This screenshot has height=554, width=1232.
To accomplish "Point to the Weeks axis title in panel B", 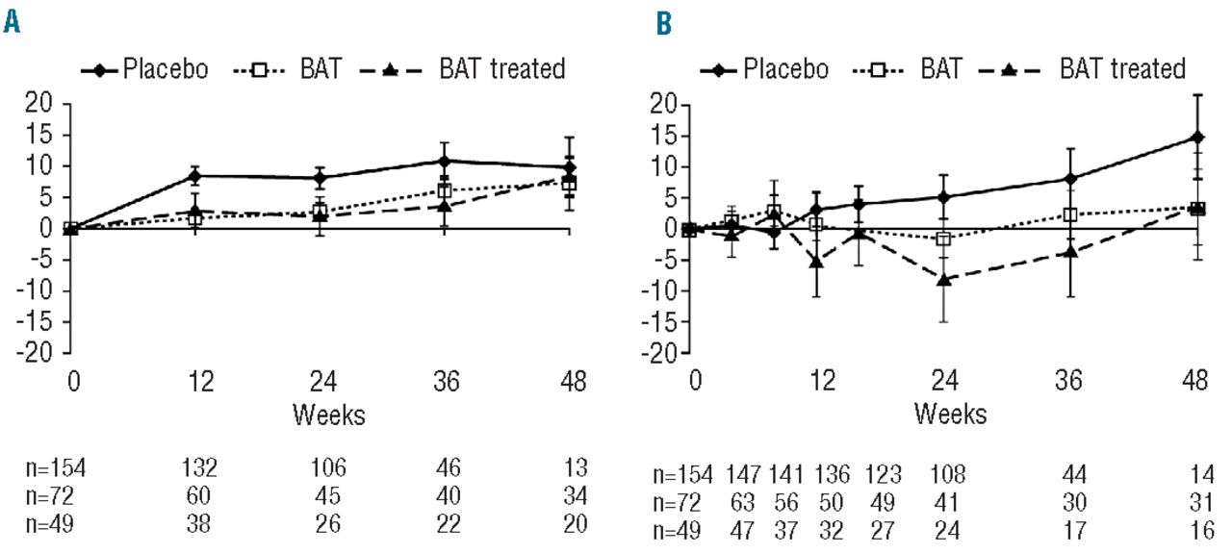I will click(950, 415).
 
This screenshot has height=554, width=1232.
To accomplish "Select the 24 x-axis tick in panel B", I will click(945, 381).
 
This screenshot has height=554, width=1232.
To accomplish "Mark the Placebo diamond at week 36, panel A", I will click(444, 161).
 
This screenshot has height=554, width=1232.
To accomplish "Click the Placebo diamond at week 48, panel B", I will click(1195, 137).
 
